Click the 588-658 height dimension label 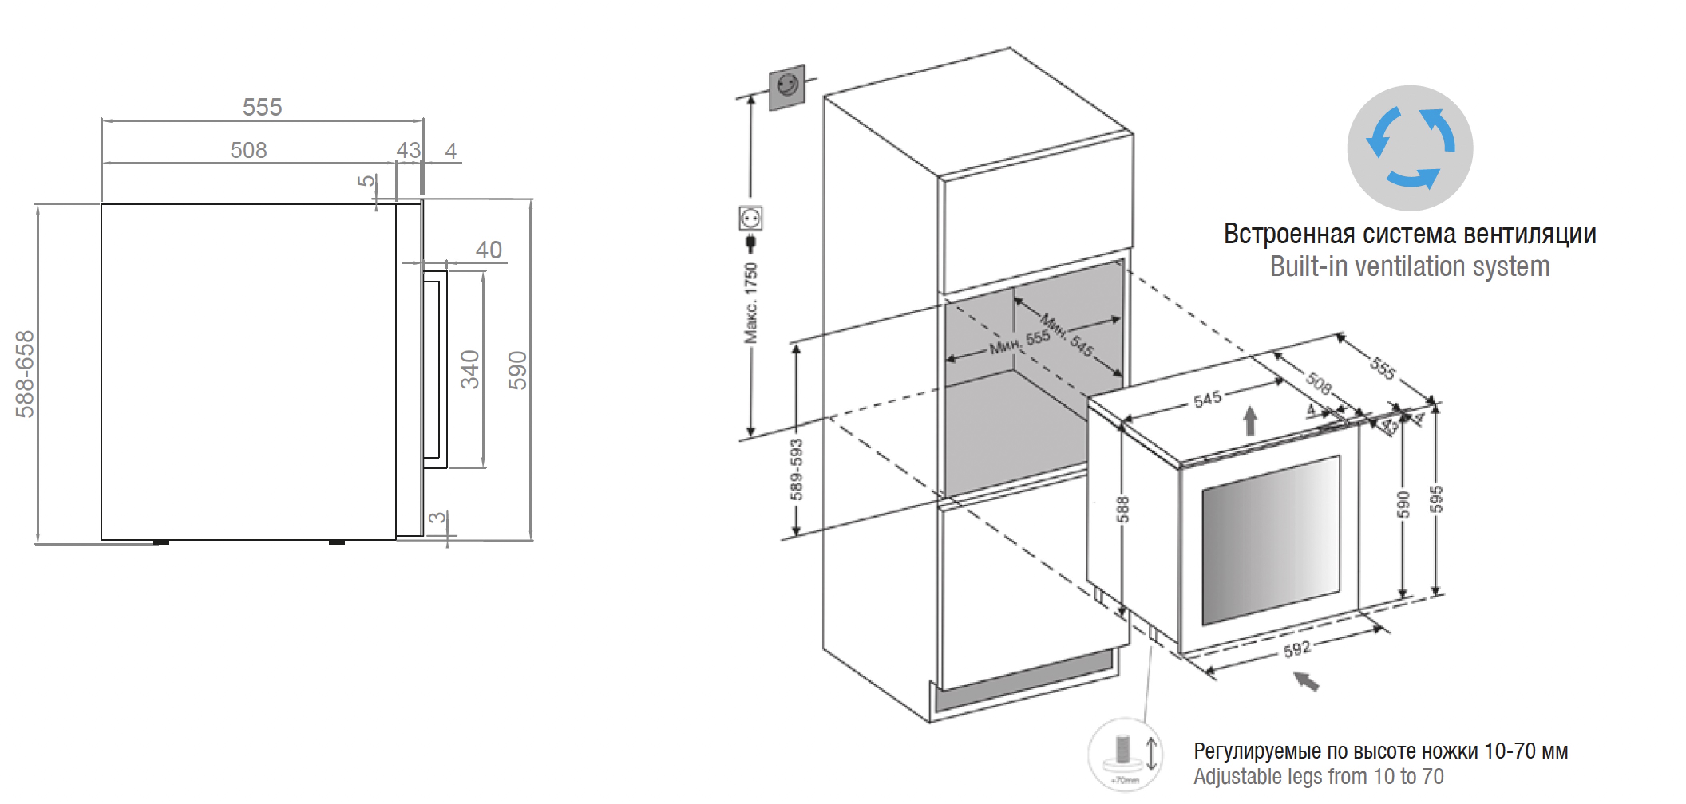[25, 374]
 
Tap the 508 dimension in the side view [249, 150]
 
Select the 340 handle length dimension [470, 370]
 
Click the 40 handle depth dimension [488, 250]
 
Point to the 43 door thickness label [408, 150]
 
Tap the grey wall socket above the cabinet [787, 87]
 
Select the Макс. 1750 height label [751, 303]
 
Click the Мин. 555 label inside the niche [1019, 341]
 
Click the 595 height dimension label [1436, 499]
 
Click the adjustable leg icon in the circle [1124, 754]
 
